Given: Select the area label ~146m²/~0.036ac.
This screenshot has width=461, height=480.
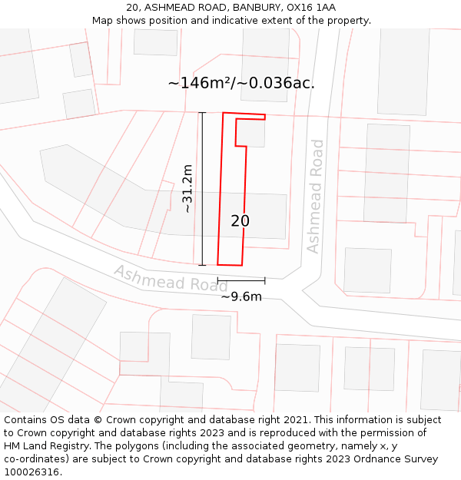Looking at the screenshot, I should [x=240, y=83].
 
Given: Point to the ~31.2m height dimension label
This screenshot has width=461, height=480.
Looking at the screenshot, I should [x=187, y=188].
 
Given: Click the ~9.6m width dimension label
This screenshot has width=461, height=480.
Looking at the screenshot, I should [x=241, y=296].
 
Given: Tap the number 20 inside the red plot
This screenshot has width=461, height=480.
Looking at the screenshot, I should [x=240, y=221].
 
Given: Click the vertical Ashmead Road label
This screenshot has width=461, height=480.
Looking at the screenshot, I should [x=315, y=196].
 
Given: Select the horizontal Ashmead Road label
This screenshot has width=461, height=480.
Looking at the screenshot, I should [x=171, y=278].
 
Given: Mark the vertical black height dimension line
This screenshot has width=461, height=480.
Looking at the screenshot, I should [x=202, y=188].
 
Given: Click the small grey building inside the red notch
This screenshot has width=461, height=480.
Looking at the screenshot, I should [x=250, y=133].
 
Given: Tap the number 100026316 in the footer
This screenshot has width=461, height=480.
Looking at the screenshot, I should [x=32, y=472].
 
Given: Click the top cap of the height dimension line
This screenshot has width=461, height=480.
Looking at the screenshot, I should [x=202, y=113].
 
